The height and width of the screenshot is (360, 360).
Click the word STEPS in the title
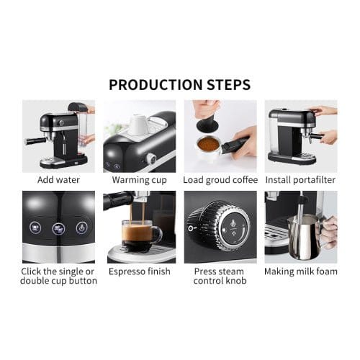point(225,84)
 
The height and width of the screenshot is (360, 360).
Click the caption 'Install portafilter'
point(301,179)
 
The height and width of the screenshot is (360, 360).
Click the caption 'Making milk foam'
point(301,271)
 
